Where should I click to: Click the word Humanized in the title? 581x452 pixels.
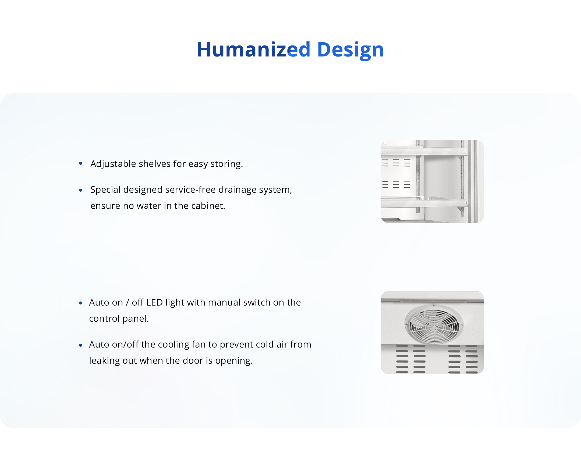click(254, 50)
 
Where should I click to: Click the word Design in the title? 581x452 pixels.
click(350, 51)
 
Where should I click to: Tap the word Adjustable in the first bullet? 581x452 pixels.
click(113, 164)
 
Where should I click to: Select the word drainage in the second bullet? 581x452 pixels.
click(238, 190)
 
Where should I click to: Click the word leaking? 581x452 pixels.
click(104, 361)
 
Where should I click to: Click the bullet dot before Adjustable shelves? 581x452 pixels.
click(81, 163)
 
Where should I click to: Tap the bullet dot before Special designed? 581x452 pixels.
click(81, 190)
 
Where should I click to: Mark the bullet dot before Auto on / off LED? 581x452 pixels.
click(81, 303)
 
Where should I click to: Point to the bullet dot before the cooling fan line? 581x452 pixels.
click(81, 345)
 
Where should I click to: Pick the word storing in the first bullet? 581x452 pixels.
click(226, 164)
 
